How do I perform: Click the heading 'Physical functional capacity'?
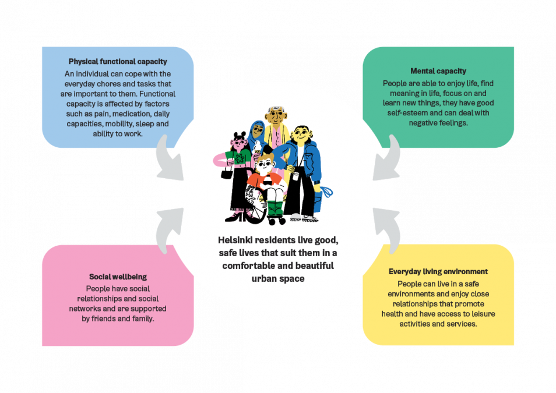pyautogui.click(x=118, y=62)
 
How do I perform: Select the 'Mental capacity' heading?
pyautogui.click(x=438, y=71)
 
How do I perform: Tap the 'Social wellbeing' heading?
pyautogui.click(x=118, y=277)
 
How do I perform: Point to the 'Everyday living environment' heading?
pyautogui.click(x=438, y=271)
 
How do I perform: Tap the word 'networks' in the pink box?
pyautogui.click(x=85, y=309)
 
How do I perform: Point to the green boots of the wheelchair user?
pyautogui.click(x=275, y=209)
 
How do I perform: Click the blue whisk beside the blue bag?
pyautogui.click(x=328, y=192)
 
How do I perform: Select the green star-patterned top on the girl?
pyautogui.click(x=238, y=157)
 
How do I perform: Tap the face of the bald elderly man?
pyautogui.click(x=276, y=116)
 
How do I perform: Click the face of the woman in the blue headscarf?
pyautogui.click(x=258, y=129)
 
